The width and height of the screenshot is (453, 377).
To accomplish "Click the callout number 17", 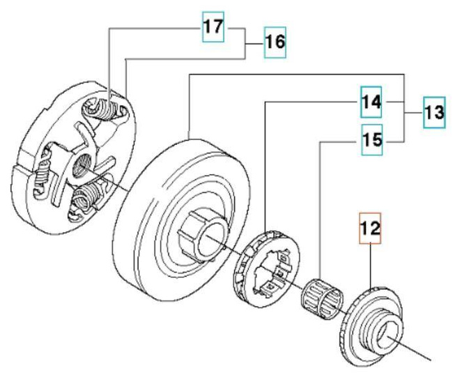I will click(x=213, y=29).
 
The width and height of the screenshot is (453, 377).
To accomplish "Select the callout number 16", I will click(x=274, y=43).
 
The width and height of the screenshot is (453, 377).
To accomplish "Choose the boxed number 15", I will click(x=371, y=140).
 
